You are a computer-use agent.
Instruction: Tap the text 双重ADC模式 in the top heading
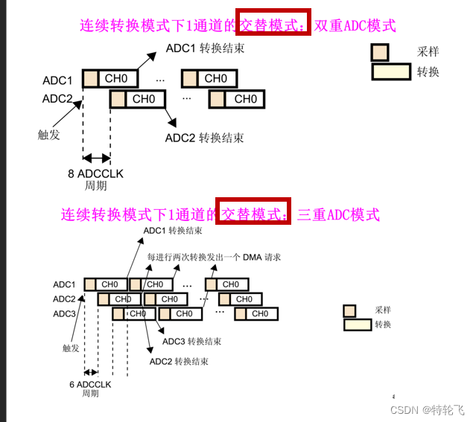click(355, 25)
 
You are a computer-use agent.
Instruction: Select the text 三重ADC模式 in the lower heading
click(339, 215)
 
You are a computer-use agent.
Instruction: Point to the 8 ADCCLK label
click(95, 173)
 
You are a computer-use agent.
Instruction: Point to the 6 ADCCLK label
click(90, 384)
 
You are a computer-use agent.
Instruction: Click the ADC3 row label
click(64, 313)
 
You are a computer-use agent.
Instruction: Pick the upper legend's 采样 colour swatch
click(380, 52)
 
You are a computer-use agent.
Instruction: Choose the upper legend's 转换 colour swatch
click(391, 71)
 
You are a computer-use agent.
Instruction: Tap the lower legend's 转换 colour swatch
click(357, 325)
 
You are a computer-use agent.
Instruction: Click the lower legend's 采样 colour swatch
click(349, 310)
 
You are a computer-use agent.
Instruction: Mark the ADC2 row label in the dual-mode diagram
click(57, 98)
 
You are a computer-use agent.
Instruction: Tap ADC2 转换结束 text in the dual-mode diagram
click(204, 138)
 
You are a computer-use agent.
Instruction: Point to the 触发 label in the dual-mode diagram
click(48, 135)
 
